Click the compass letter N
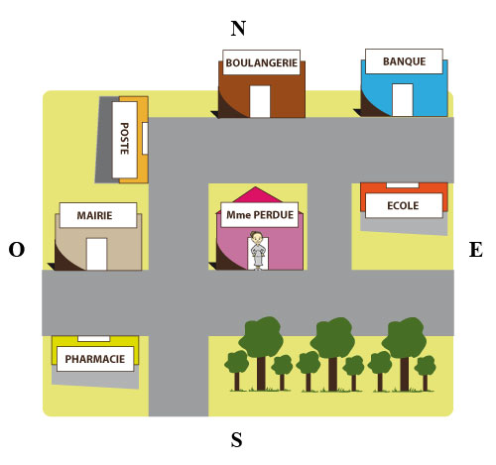click(238, 29)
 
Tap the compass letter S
click(236, 440)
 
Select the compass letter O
click(17, 250)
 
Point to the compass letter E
click(476, 250)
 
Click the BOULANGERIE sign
click(261, 62)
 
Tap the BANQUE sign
click(404, 61)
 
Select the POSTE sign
click(125, 140)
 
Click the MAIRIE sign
click(98, 215)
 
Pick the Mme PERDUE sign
click(260, 215)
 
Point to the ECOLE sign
click(404, 205)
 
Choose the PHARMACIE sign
click(95, 359)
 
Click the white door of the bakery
click(260, 101)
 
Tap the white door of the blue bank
click(403, 100)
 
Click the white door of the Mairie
click(96, 254)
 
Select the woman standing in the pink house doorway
click(257, 251)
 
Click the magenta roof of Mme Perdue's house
click(255, 195)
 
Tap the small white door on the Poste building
click(145, 138)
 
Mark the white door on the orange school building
click(403, 185)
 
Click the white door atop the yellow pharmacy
click(93, 339)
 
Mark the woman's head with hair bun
click(256, 237)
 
